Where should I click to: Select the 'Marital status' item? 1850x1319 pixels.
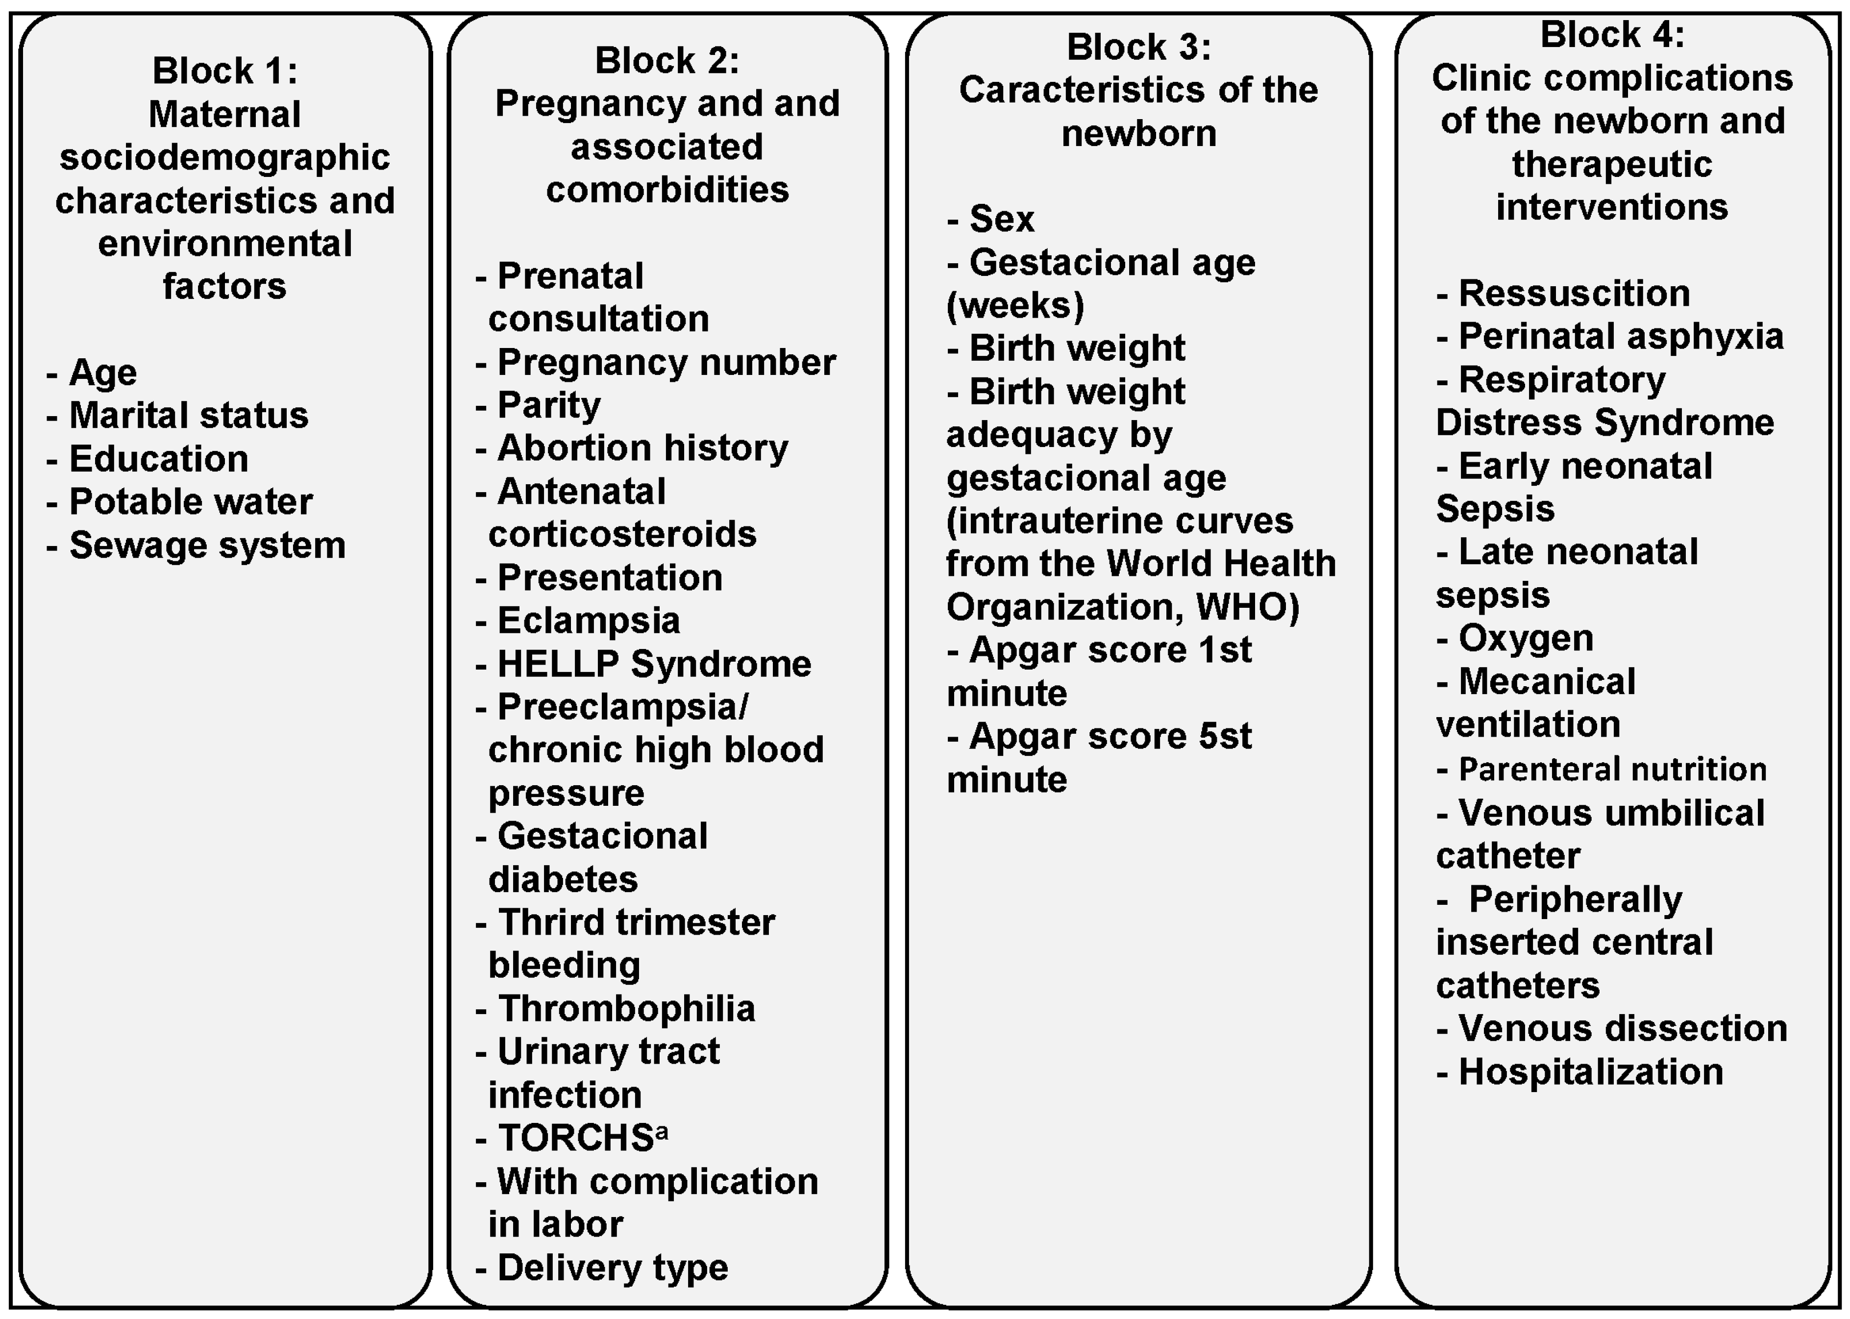(x=188, y=416)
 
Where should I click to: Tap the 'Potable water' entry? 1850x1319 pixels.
(x=190, y=502)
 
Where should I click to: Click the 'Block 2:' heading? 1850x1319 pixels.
(x=667, y=60)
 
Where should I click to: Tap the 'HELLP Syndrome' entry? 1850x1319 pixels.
(x=654, y=664)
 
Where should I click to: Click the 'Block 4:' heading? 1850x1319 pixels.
(x=1612, y=35)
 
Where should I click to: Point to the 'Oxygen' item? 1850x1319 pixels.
(x=1525, y=638)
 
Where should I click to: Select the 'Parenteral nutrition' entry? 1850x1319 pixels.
(x=1612, y=769)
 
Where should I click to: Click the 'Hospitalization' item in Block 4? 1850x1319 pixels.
(x=1590, y=1072)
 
